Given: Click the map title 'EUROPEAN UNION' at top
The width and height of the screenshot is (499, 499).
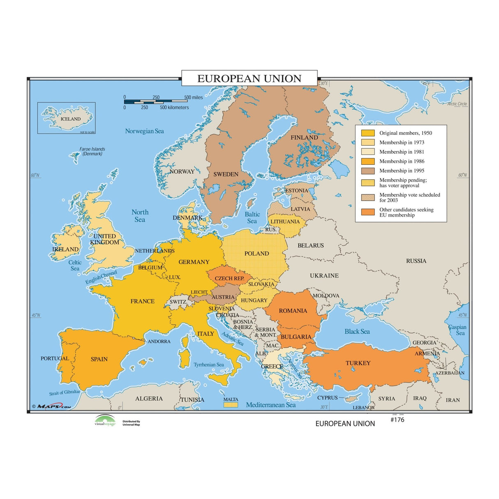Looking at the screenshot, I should tap(249, 79).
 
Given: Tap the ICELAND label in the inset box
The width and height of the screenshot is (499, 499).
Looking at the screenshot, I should tap(71, 119).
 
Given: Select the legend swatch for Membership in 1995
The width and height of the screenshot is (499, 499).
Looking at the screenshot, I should tap(367, 171).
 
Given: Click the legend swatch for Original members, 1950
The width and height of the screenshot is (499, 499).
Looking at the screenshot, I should tap(367, 133).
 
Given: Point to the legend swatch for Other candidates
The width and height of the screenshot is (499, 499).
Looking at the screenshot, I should tap(367, 212).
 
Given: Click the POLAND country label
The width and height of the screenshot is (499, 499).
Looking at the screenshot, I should tap(256, 254).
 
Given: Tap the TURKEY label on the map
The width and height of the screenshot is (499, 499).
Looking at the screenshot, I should tap(358, 363).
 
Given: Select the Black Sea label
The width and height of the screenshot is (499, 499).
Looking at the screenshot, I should tap(357, 332).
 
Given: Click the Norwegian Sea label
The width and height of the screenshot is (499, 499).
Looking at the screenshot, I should tap(144, 131).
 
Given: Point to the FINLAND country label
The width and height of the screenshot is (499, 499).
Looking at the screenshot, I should tap(304, 138).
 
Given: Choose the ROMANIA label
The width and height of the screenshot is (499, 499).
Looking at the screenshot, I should tap(293, 311).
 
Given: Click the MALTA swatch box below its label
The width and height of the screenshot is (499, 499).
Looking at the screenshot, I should tap(231, 405).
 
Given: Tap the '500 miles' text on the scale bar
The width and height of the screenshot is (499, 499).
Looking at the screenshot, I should tap(193, 97).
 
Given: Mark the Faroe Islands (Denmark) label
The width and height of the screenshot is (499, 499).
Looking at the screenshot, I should tap(92, 151).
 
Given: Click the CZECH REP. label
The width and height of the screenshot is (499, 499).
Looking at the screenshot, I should tap(229, 279).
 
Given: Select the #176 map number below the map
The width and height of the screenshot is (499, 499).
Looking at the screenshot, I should tap(397, 420).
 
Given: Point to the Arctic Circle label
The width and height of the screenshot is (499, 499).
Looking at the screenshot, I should tap(457, 104).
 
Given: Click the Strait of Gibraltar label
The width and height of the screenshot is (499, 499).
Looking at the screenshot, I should tap(65, 393).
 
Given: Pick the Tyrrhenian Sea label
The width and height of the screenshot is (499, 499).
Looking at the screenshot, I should tap(209, 365).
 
